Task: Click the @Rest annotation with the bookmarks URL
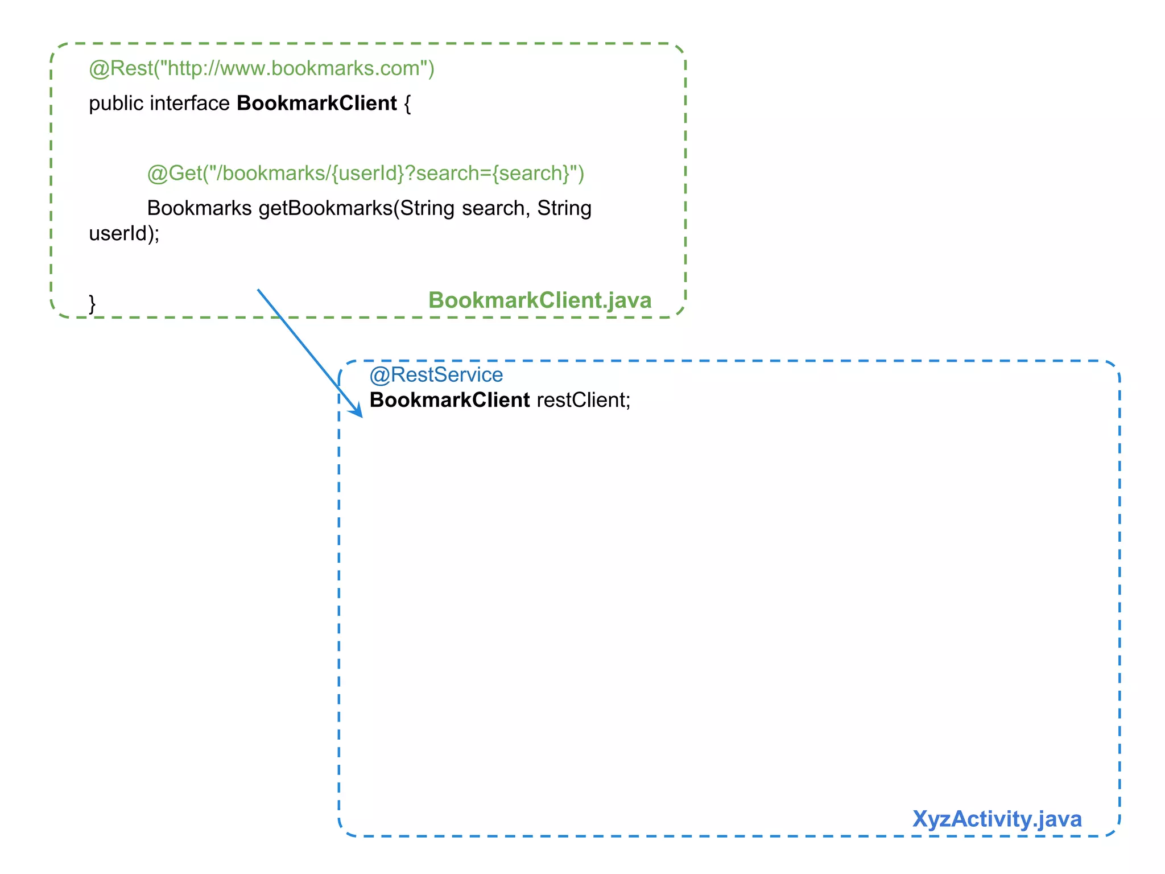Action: coord(261,68)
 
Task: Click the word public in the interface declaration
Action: coord(116,104)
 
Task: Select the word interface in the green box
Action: coord(189,104)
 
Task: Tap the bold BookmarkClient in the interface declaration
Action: coord(316,104)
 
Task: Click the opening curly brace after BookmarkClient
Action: coord(407,104)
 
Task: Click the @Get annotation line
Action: coord(365,173)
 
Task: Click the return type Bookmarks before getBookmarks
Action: coord(199,208)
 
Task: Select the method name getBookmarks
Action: coord(325,208)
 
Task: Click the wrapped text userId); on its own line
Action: coord(124,233)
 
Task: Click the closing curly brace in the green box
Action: coord(92,303)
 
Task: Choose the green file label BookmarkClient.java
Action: coord(539,300)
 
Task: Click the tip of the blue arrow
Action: coord(361,416)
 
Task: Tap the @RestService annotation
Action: coord(436,375)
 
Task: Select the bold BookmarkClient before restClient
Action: coord(449,400)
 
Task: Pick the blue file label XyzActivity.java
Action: coord(997,819)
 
